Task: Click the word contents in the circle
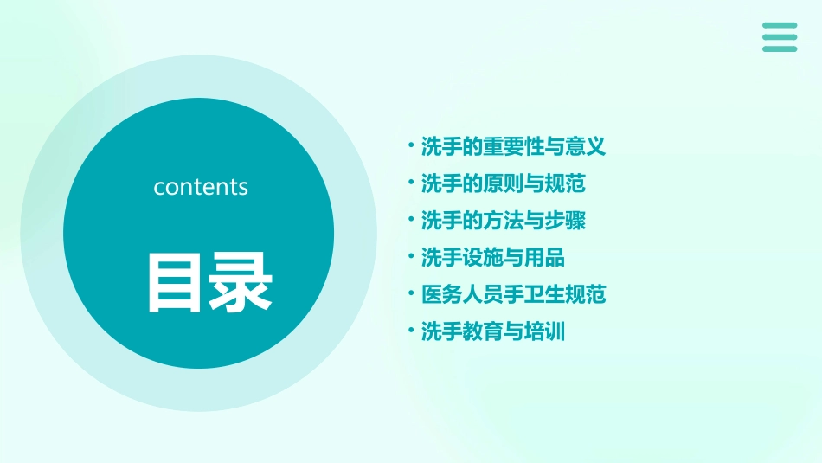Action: point(201,187)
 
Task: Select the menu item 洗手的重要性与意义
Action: point(513,146)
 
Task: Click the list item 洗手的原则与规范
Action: point(503,183)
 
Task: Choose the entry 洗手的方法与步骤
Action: point(503,221)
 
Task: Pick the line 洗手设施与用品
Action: point(492,257)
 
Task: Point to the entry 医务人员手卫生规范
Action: point(513,294)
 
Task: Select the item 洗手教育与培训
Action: point(492,331)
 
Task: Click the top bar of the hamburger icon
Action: point(780,25)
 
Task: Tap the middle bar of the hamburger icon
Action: point(780,36)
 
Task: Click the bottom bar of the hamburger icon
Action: point(780,48)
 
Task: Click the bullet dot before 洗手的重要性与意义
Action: point(411,145)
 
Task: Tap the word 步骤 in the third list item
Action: point(565,221)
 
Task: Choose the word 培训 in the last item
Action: point(544,331)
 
